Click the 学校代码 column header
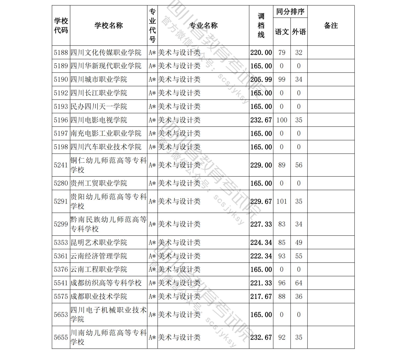[x=61, y=26]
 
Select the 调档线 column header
[x=261, y=26]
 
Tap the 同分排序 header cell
[x=290, y=12]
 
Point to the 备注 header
[x=331, y=26]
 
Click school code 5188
[x=61, y=52]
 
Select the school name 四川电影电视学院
[x=99, y=120]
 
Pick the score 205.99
[x=261, y=80]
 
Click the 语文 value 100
[x=282, y=120]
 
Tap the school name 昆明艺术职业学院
[x=99, y=242]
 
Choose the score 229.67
[x=261, y=201]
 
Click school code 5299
[x=61, y=224]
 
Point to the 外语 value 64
[x=299, y=283]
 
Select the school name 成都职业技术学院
[x=99, y=297]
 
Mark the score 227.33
[x=261, y=224]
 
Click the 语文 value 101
[x=282, y=201]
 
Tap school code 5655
[x=61, y=337]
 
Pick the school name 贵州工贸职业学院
[x=99, y=183]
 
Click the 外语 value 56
[x=299, y=165]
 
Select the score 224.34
[x=261, y=242]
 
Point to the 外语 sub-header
[x=299, y=32]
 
